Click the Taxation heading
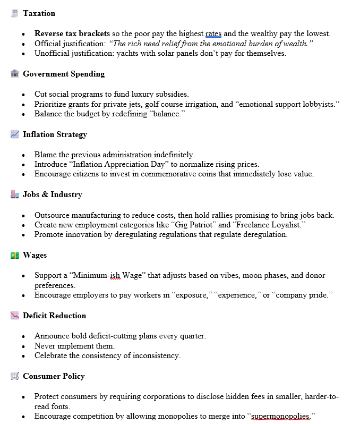point(39,13)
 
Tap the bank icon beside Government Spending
point(15,74)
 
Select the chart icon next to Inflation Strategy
point(15,134)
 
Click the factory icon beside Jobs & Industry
point(15,194)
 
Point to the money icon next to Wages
point(15,255)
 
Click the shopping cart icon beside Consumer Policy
point(15,376)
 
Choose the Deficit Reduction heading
point(54,316)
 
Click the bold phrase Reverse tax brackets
point(72,33)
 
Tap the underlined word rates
point(213,33)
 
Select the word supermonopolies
point(279,416)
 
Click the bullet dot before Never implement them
point(24,346)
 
